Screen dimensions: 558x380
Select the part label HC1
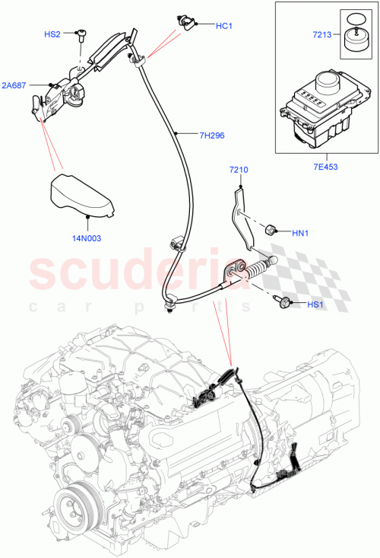coord(224,26)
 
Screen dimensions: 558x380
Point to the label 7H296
coord(212,136)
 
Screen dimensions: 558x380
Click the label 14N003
coord(87,238)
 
